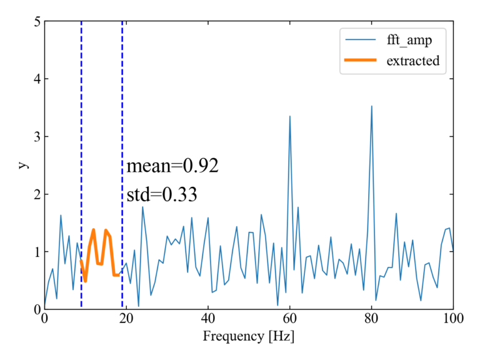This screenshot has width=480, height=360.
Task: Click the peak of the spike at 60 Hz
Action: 290,116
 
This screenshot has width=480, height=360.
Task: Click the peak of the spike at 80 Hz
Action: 372,106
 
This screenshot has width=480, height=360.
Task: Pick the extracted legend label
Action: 412,61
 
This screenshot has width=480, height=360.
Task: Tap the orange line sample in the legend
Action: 360,61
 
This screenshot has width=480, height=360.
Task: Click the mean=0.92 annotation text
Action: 172,166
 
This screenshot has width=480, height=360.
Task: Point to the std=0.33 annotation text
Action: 162,194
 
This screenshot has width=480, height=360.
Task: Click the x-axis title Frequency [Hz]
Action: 248,336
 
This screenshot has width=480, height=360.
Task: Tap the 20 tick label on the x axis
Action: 126,318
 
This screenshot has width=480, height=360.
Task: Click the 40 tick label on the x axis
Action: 207,318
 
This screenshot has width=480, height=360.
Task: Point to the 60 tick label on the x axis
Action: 289,318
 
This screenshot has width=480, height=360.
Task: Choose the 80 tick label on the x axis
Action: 371,318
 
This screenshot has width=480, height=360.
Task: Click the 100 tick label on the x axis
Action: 453,318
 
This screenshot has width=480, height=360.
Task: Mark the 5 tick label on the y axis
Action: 36,22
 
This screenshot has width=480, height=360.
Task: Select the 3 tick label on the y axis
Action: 36,137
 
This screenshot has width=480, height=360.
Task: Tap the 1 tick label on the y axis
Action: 36,252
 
